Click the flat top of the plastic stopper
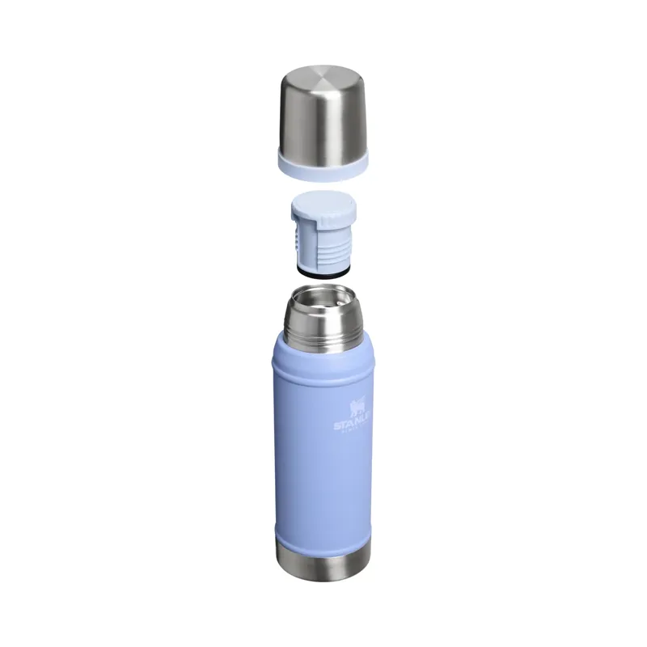coord(323,203)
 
